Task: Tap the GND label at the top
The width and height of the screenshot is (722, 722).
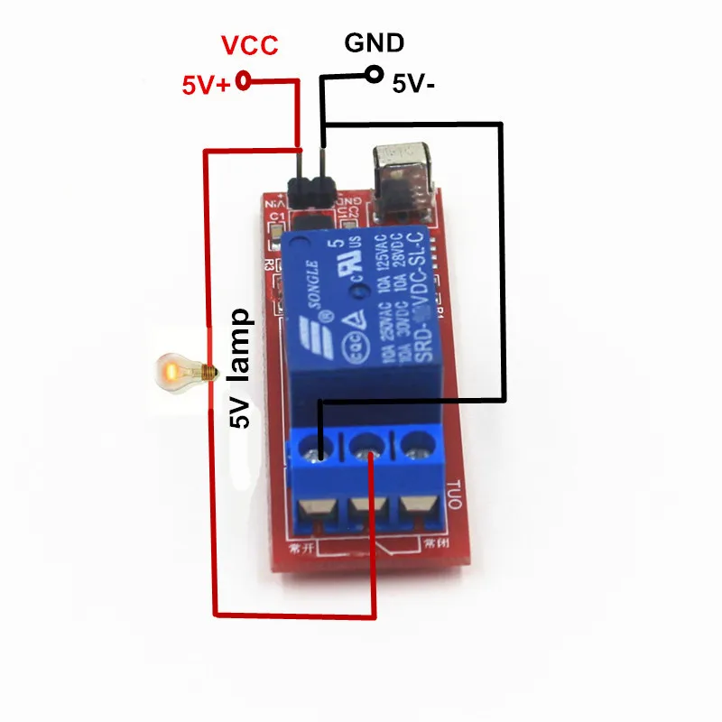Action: (375, 42)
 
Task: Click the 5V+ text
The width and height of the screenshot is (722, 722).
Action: (207, 86)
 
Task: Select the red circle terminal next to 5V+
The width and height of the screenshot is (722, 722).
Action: (243, 82)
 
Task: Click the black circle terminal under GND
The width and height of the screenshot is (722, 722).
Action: (374, 76)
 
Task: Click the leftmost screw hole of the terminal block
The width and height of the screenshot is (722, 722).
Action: (320, 447)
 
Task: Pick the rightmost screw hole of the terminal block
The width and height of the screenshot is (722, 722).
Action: (412, 442)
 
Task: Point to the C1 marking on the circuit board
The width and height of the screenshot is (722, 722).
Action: (277, 217)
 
